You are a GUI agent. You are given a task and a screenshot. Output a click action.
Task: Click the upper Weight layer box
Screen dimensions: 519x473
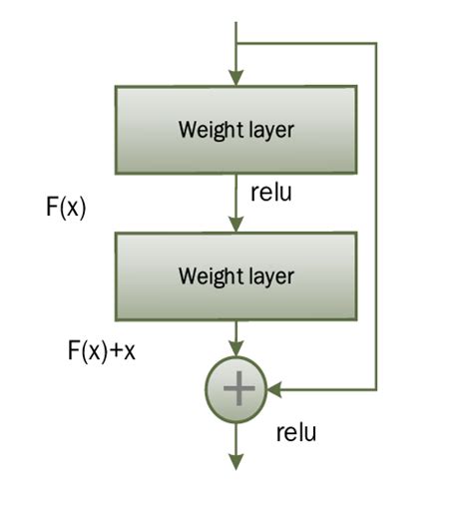pyautogui.click(x=236, y=129)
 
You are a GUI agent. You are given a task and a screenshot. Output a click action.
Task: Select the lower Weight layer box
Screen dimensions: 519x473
pyautogui.click(x=236, y=274)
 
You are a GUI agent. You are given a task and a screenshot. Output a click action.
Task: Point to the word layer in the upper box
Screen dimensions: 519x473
pyautogui.click(x=271, y=130)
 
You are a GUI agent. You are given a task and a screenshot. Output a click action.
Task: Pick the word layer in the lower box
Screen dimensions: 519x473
pyautogui.click(x=271, y=275)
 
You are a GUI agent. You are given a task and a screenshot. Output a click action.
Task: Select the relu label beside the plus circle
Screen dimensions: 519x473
pyautogui.click(x=296, y=432)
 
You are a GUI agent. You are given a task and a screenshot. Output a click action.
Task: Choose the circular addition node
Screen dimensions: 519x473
pyautogui.click(x=236, y=388)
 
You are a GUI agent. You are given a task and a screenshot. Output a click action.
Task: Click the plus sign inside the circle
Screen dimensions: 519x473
pyautogui.click(x=236, y=388)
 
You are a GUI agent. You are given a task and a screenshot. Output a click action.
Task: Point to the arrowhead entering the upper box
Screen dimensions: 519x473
pyautogui.click(x=236, y=78)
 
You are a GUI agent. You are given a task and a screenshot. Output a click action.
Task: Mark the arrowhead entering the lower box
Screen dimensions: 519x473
pyautogui.click(x=236, y=224)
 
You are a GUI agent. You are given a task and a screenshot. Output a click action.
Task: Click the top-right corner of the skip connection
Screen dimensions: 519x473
pyautogui.click(x=376, y=44)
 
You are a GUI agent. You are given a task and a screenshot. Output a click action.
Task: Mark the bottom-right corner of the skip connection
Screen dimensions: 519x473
pyautogui.click(x=376, y=388)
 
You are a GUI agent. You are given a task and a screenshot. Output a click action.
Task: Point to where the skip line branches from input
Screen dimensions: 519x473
pyautogui.click(x=236, y=44)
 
